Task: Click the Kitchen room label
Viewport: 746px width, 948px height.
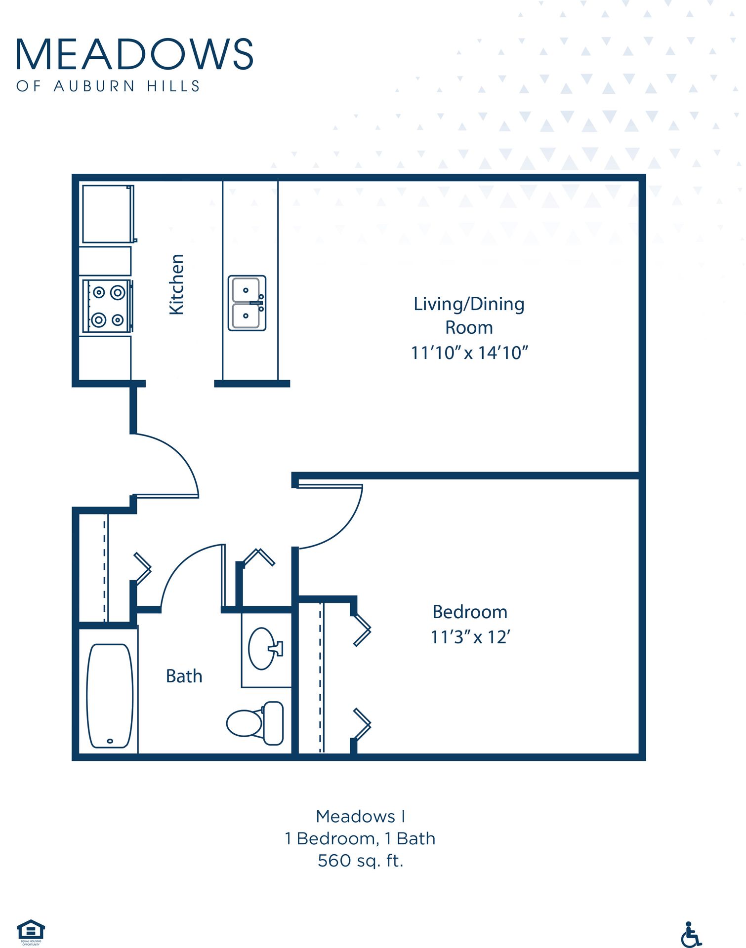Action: tap(176, 284)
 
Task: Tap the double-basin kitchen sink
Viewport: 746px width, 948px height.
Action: tap(247, 303)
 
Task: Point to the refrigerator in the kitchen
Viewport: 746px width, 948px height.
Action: tap(108, 214)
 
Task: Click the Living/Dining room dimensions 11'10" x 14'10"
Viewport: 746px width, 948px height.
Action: tap(469, 353)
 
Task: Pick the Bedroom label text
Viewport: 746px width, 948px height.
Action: tap(469, 612)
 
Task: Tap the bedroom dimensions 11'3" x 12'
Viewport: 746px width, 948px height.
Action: tap(469, 637)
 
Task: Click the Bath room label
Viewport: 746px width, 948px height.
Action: tap(184, 676)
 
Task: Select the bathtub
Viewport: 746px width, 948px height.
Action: tap(110, 695)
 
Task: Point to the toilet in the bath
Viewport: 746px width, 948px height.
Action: tap(255, 723)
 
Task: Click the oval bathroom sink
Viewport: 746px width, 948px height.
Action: tap(262, 648)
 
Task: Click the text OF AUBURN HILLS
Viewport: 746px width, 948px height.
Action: tap(108, 86)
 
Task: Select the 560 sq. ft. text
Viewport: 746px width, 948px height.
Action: tap(360, 861)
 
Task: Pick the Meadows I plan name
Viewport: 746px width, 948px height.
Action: tap(360, 816)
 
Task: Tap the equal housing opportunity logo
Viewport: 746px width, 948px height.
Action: tap(31, 931)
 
